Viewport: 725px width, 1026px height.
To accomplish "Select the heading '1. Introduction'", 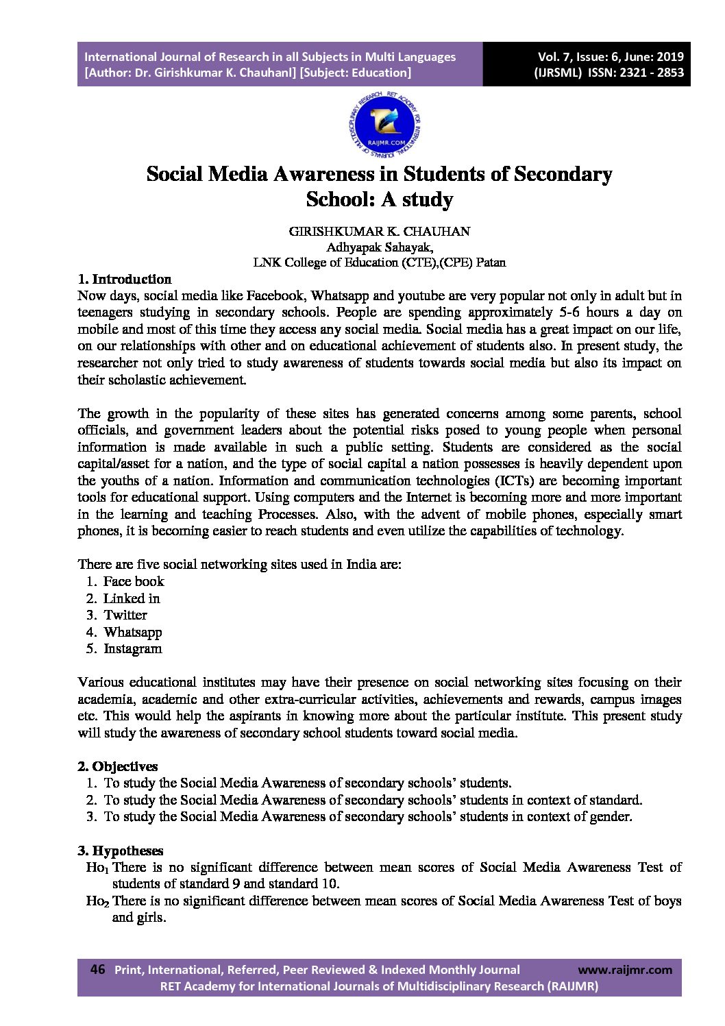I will tap(124, 279).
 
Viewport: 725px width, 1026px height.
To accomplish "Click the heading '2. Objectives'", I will tap(118, 766).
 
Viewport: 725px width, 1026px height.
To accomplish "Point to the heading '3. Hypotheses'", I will tap(121, 851).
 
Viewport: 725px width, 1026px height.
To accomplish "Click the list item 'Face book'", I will tap(134, 581).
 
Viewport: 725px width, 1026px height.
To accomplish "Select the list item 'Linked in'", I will tap(132, 598).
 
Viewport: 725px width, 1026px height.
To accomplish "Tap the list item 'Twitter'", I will tap(125, 615).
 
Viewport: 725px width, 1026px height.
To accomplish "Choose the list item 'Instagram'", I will tap(133, 648).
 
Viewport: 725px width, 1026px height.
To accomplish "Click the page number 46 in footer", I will tap(97, 969).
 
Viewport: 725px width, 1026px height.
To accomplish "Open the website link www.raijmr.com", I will tap(625, 969).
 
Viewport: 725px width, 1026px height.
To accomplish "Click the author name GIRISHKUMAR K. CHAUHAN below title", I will tap(380, 231).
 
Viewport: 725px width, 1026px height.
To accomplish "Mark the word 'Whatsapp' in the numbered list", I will tap(133, 632).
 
